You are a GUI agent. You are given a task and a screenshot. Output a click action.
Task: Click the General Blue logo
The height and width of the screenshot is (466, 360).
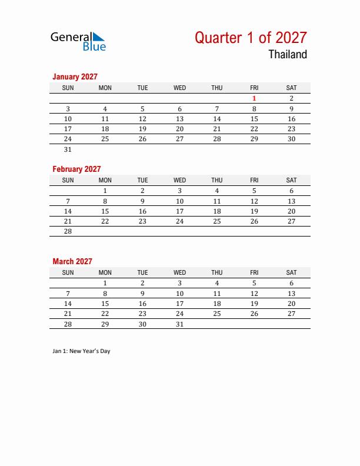click(x=78, y=41)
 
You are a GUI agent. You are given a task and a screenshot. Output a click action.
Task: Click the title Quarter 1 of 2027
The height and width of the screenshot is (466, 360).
click(x=251, y=38)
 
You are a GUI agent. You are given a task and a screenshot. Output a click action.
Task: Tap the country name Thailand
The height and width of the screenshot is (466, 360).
click(x=288, y=55)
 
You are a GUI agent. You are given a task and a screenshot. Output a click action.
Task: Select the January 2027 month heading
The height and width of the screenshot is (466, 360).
click(x=75, y=76)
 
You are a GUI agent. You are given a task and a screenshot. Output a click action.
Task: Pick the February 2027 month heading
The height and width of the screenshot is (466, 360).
click(x=76, y=169)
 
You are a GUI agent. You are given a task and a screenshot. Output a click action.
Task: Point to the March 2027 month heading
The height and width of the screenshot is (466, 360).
click(x=72, y=261)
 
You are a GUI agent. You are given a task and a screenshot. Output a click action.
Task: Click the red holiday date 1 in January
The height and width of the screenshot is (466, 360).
click(x=254, y=98)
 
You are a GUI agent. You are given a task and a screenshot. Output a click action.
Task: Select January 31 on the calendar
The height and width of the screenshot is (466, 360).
click(x=68, y=149)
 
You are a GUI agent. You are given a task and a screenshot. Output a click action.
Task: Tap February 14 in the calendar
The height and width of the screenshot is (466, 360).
click(x=68, y=211)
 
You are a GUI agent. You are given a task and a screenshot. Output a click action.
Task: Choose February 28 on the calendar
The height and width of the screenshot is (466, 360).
click(x=68, y=232)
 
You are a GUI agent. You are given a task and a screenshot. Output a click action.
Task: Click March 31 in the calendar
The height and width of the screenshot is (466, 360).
click(x=179, y=324)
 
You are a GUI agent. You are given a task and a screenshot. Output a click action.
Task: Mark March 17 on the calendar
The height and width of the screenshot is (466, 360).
click(x=179, y=304)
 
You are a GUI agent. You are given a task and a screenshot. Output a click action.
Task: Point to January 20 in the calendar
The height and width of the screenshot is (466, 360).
click(x=179, y=129)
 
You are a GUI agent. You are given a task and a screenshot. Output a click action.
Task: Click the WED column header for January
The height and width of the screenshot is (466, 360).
click(x=179, y=88)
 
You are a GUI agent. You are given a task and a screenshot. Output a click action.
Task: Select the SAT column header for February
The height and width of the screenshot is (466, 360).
click(x=291, y=180)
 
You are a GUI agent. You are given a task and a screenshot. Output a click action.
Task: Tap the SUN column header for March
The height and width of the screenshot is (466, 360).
click(x=68, y=272)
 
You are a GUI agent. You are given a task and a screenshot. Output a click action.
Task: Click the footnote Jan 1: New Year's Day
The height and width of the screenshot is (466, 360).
click(x=81, y=351)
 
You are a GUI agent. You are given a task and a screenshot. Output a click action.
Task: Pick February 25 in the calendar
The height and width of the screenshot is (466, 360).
click(x=216, y=221)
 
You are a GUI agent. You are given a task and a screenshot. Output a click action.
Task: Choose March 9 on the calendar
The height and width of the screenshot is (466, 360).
click(x=142, y=294)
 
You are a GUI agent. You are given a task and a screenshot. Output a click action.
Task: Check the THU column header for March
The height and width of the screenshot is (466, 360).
click(x=216, y=272)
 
